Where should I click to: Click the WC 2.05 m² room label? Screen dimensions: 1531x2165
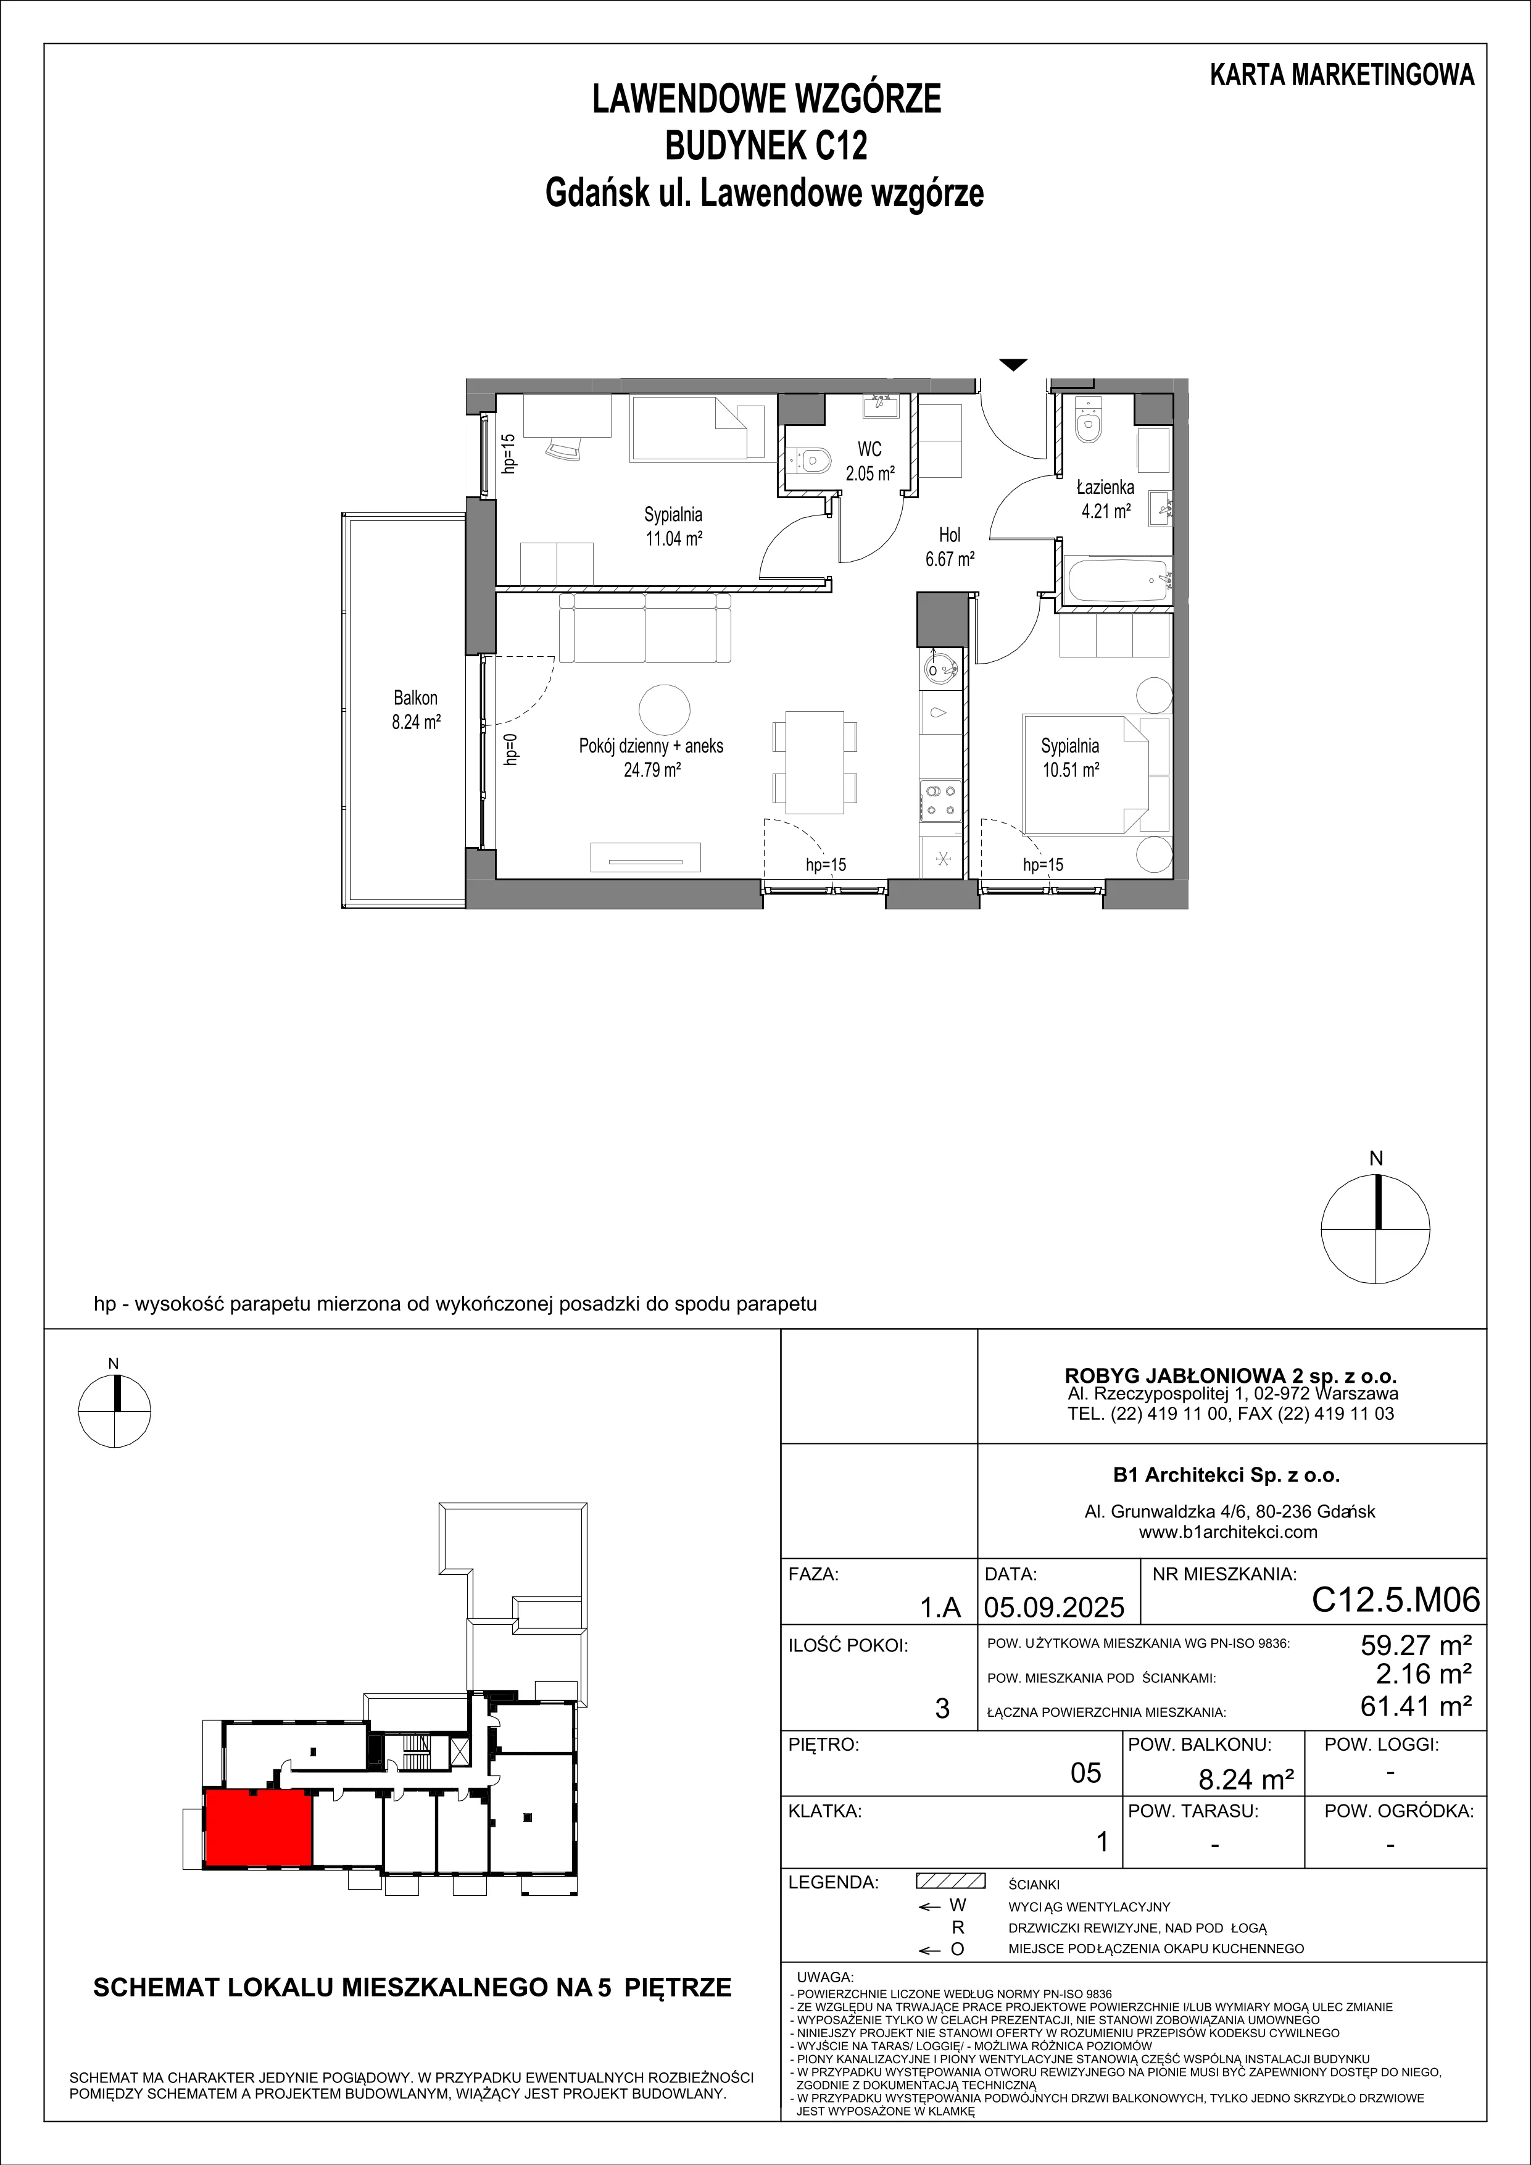(869, 462)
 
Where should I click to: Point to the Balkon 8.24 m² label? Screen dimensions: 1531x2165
(416, 710)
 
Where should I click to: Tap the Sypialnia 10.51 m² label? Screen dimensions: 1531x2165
(1070, 757)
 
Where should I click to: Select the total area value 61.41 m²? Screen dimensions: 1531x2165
(1416, 1705)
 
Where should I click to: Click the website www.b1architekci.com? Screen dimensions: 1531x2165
(1227, 1532)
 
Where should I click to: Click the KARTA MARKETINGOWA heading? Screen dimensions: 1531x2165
(1342, 75)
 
